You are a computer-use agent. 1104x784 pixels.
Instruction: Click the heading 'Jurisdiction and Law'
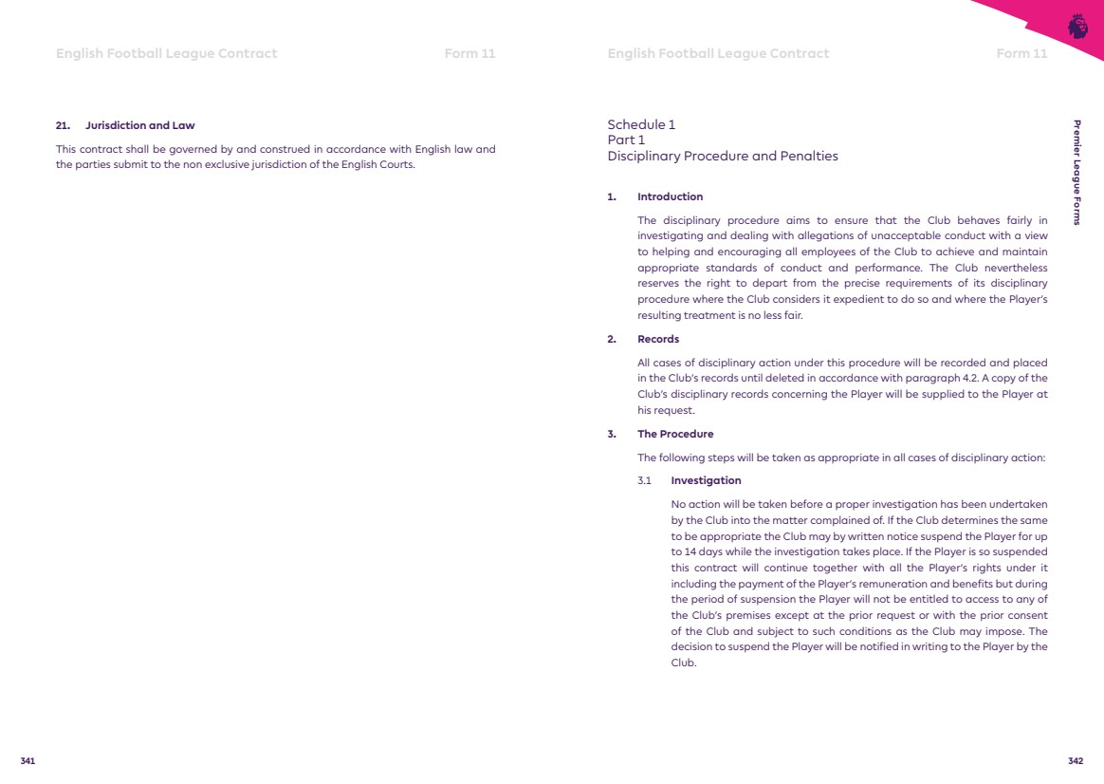tap(139, 125)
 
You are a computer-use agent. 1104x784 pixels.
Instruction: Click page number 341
tap(28, 761)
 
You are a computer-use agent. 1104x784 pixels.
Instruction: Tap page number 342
tap(1076, 761)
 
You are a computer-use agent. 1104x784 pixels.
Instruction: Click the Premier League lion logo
tap(1077, 27)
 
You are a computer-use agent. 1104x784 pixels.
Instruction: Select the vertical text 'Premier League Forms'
tap(1076, 173)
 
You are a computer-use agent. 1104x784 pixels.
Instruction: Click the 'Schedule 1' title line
tap(641, 124)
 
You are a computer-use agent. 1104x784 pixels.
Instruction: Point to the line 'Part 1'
tap(626, 140)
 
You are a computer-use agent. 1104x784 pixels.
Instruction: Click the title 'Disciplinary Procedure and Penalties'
tap(723, 157)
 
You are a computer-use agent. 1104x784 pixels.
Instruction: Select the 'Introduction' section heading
tap(670, 197)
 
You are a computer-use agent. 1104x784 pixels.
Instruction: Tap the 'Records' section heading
tap(658, 339)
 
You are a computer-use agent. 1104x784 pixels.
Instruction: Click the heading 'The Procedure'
tap(675, 434)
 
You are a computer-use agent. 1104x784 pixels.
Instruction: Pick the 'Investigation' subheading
tap(706, 480)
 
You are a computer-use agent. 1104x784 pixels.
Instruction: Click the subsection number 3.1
tap(645, 480)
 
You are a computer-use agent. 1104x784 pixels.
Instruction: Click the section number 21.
tap(63, 125)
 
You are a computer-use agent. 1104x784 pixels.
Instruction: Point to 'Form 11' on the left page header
tap(469, 53)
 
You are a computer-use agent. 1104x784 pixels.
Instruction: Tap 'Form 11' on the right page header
tap(1021, 53)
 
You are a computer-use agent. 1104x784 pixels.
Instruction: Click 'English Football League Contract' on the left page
tap(167, 53)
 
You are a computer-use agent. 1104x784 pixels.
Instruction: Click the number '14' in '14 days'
tap(677, 551)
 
